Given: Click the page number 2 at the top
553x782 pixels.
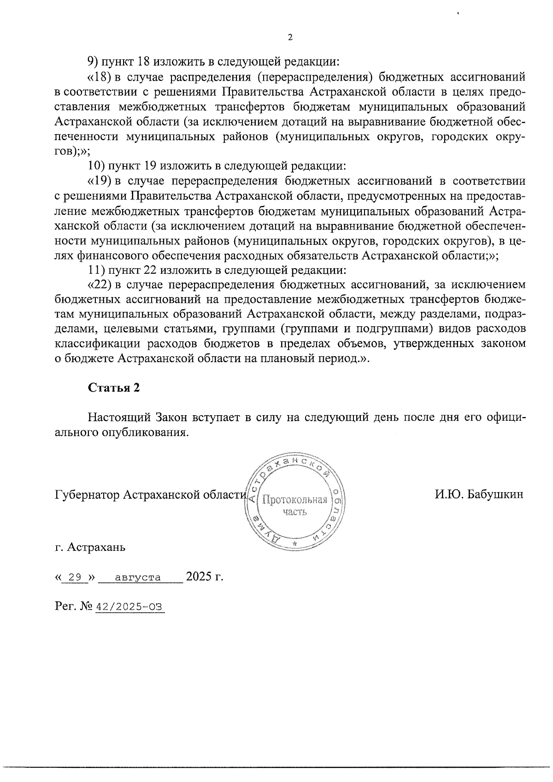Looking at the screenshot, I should click(290, 38).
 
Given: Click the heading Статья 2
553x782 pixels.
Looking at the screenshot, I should click(114, 388).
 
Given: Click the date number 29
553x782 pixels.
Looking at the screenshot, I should click(75, 577).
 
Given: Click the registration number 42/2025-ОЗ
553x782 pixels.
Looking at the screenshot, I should click(129, 607).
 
